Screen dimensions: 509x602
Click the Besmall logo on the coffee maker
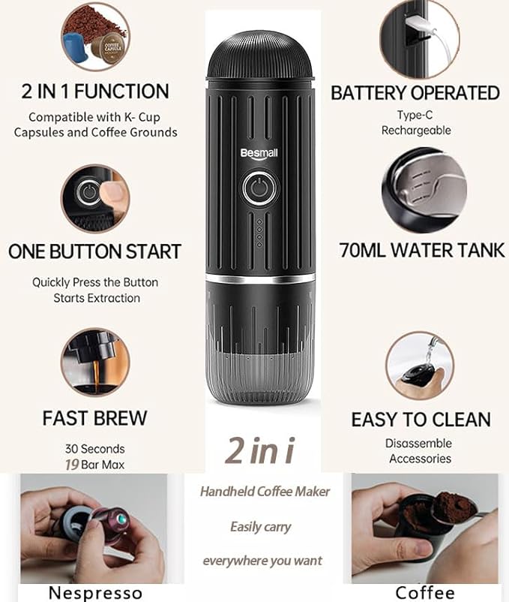point(259,154)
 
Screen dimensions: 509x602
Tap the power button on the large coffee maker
point(259,188)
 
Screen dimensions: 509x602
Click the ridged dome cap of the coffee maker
point(260,56)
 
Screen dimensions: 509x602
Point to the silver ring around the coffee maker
point(260,278)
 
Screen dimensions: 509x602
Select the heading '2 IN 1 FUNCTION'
point(95,92)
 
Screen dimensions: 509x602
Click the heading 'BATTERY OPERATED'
point(415,93)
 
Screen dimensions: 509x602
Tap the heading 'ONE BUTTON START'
point(94,251)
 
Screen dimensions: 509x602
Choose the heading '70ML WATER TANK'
point(421,250)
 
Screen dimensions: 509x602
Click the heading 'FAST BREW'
point(94,418)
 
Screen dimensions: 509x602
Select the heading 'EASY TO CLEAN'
point(421,420)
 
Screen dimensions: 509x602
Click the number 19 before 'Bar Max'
point(72,465)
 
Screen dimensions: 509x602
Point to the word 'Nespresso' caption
point(95,593)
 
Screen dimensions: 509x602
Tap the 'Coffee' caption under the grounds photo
point(425,593)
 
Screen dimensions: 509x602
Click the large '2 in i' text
point(260,450)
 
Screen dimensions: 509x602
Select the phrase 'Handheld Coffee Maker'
point(265,492)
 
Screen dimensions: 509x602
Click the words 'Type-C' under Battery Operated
point(415,115)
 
